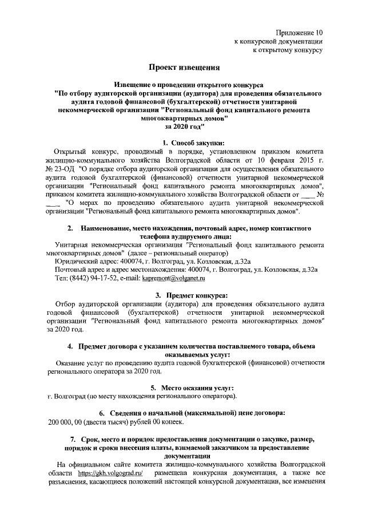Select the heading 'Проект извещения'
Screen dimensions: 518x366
click(x=185, y=68)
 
